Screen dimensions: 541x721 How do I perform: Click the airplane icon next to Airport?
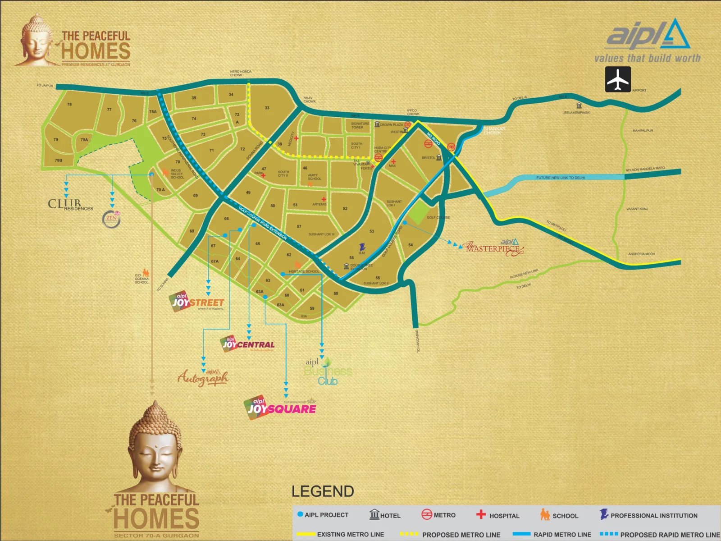(617, 79)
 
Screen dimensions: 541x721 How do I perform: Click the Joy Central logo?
(248, 344)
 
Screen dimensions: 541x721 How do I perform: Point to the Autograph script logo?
(203, 377)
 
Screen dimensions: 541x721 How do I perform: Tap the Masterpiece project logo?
(494, 248)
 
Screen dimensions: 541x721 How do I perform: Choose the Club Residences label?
(70, 205)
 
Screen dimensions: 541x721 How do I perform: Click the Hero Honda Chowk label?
(241, 73)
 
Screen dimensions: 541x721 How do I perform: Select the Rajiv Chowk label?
(309, 100)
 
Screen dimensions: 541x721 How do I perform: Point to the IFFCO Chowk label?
(413, 112)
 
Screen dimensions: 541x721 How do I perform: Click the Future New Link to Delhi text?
(560, 178)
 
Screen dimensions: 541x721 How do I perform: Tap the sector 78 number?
(69, 104)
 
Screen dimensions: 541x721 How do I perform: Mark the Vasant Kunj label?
(637, 209)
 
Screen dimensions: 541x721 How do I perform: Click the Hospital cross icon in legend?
(481, 514)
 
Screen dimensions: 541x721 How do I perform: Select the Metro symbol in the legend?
(426, 514)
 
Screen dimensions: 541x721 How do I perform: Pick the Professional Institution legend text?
(653, 515)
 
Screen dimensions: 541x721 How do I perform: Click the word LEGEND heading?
(323, 491)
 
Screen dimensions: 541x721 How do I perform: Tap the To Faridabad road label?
(418, 341)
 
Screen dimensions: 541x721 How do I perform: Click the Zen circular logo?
(111, 219)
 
